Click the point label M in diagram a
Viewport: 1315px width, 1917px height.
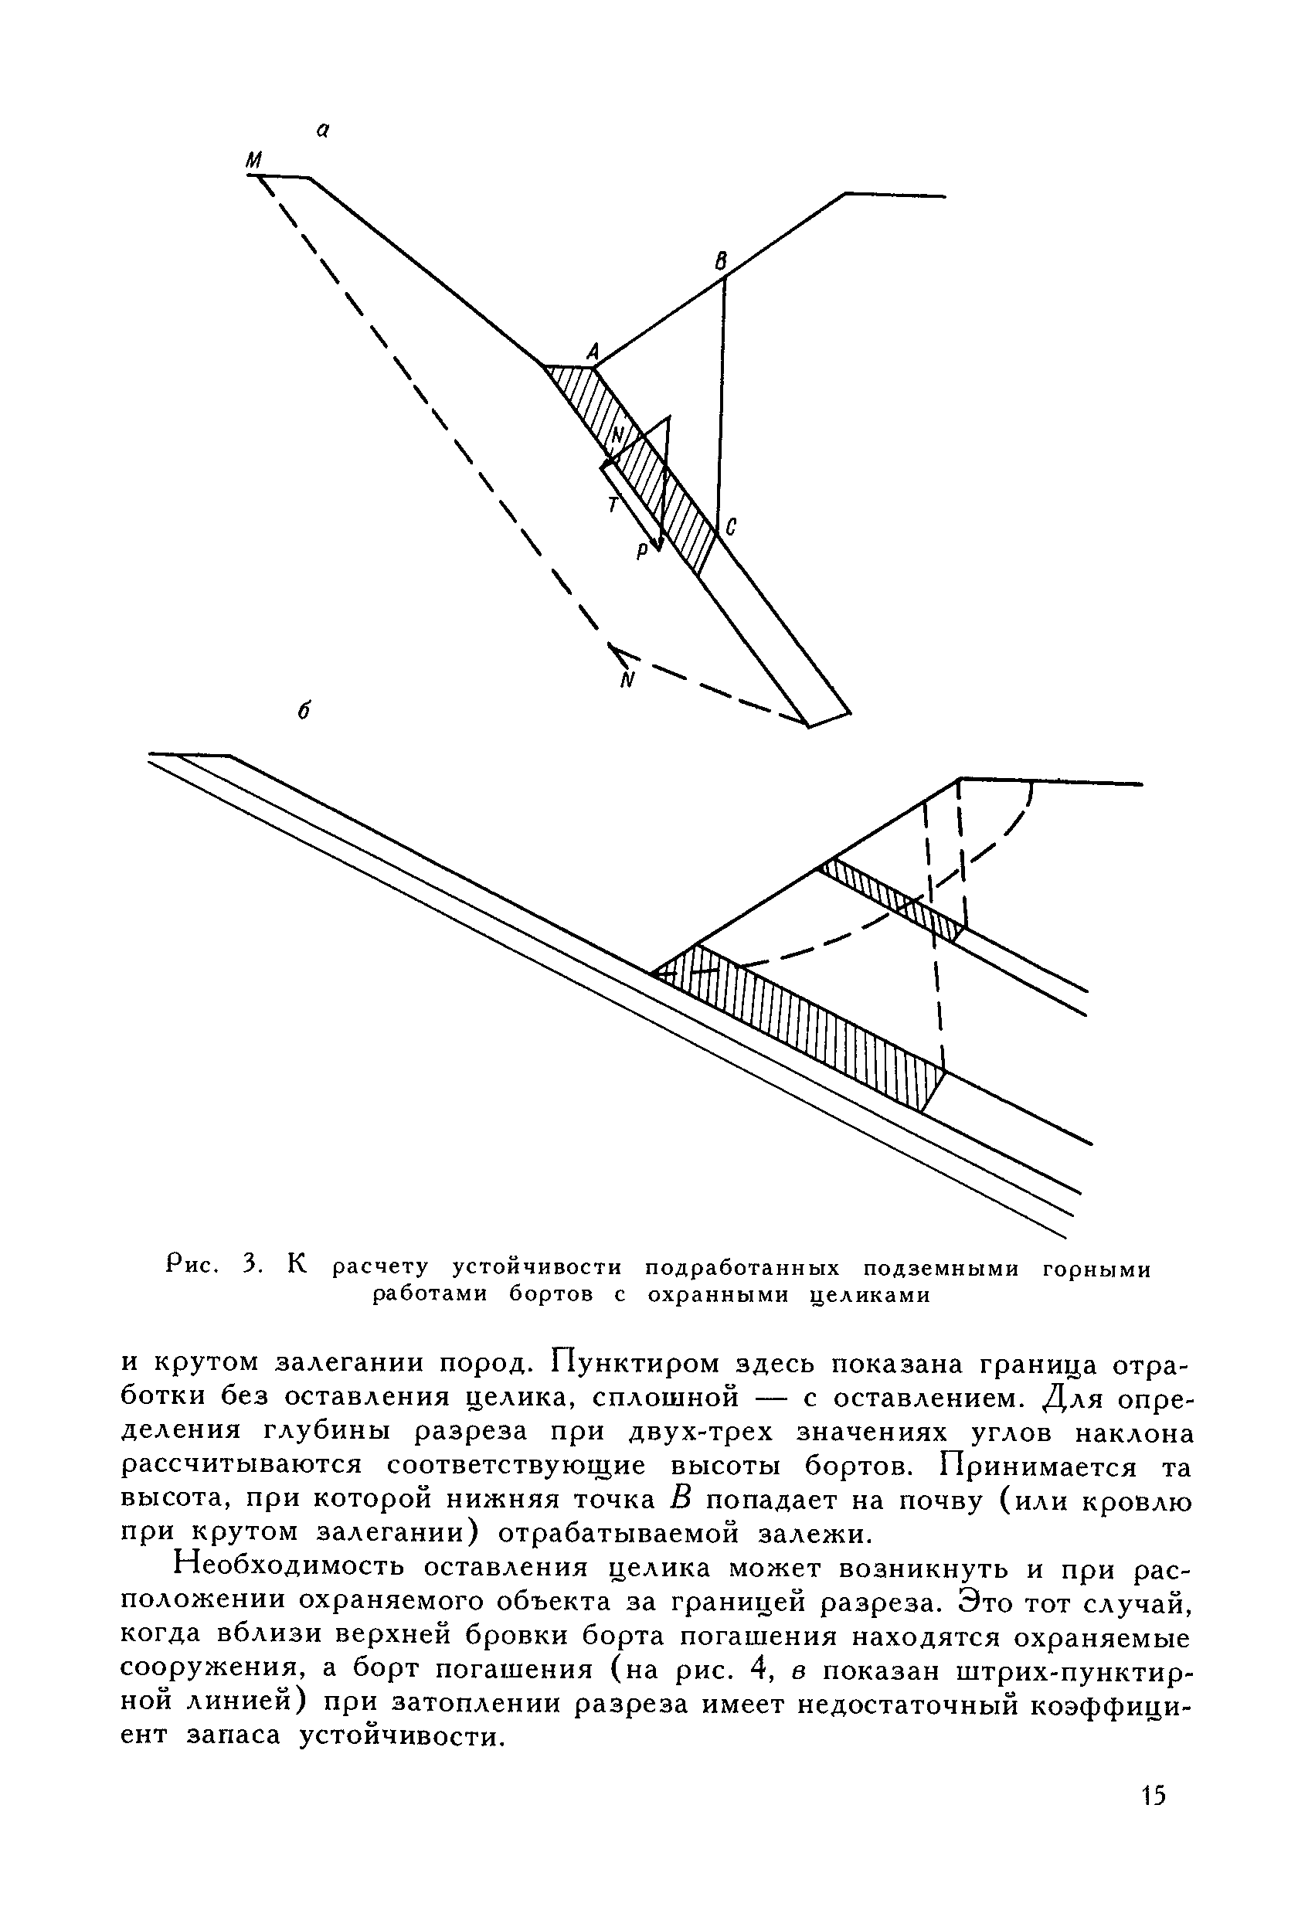(x=254, y=159)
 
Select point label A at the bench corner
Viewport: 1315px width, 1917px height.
(x=592, y=352)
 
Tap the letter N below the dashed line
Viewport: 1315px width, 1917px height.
(x=629, y=680)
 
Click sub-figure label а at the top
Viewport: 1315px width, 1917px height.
(x=324, y=129)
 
